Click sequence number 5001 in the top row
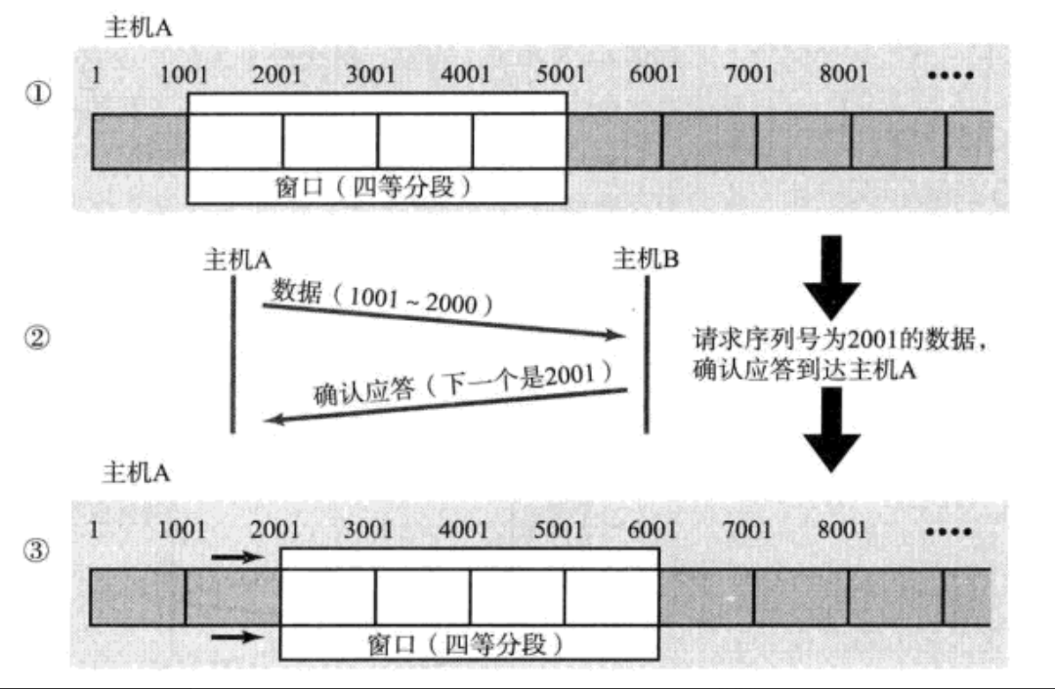pos(561,75)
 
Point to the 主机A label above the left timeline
pos(236,259)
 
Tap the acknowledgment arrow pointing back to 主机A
pos(444,405)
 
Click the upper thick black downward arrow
pos(830,276)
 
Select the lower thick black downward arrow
pos(830,428)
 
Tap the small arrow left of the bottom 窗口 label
pos(238,638)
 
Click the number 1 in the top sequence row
pos(96,75)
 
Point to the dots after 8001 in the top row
pos(949,75)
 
